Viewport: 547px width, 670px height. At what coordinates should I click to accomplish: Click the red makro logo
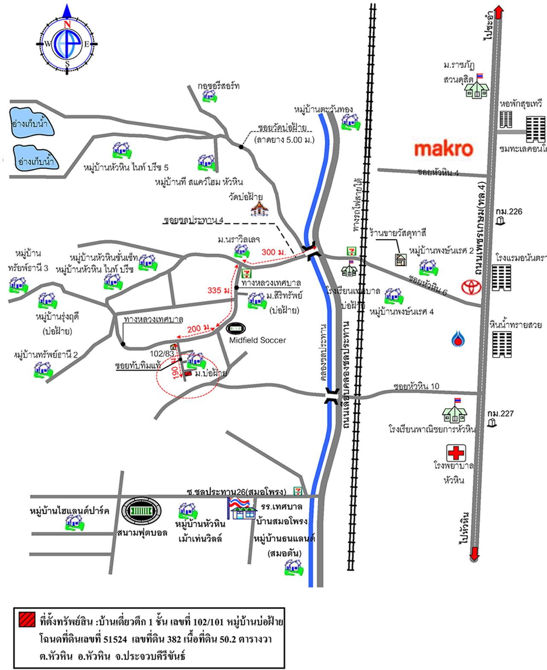coord(444,149)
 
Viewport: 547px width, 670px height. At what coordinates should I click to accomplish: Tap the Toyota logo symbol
coord(471,286)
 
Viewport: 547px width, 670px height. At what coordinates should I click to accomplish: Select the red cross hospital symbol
coord(456,452)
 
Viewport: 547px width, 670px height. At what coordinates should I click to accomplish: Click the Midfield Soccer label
coord(257,340)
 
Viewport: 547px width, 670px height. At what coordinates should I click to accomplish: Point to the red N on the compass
coord(67,24)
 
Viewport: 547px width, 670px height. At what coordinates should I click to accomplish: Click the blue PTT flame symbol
coord(458,339)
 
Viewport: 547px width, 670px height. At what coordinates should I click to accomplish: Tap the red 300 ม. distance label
coord(273,252)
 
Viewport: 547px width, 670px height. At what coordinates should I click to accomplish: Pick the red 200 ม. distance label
coord(198,329)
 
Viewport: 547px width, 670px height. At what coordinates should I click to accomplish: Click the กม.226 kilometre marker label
coord(509,212)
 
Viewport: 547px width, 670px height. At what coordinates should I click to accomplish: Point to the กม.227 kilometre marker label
coord(500,413)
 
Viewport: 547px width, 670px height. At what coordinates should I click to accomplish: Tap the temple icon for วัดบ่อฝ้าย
coord(259,209)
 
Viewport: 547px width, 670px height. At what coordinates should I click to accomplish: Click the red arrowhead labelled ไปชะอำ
coord(499,12)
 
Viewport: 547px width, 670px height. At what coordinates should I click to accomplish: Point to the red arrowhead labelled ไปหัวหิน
coord(474,554)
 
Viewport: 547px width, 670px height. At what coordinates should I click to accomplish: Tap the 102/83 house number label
coord(162,354)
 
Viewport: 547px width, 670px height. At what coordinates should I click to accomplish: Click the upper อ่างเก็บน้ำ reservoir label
coord(29,124)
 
